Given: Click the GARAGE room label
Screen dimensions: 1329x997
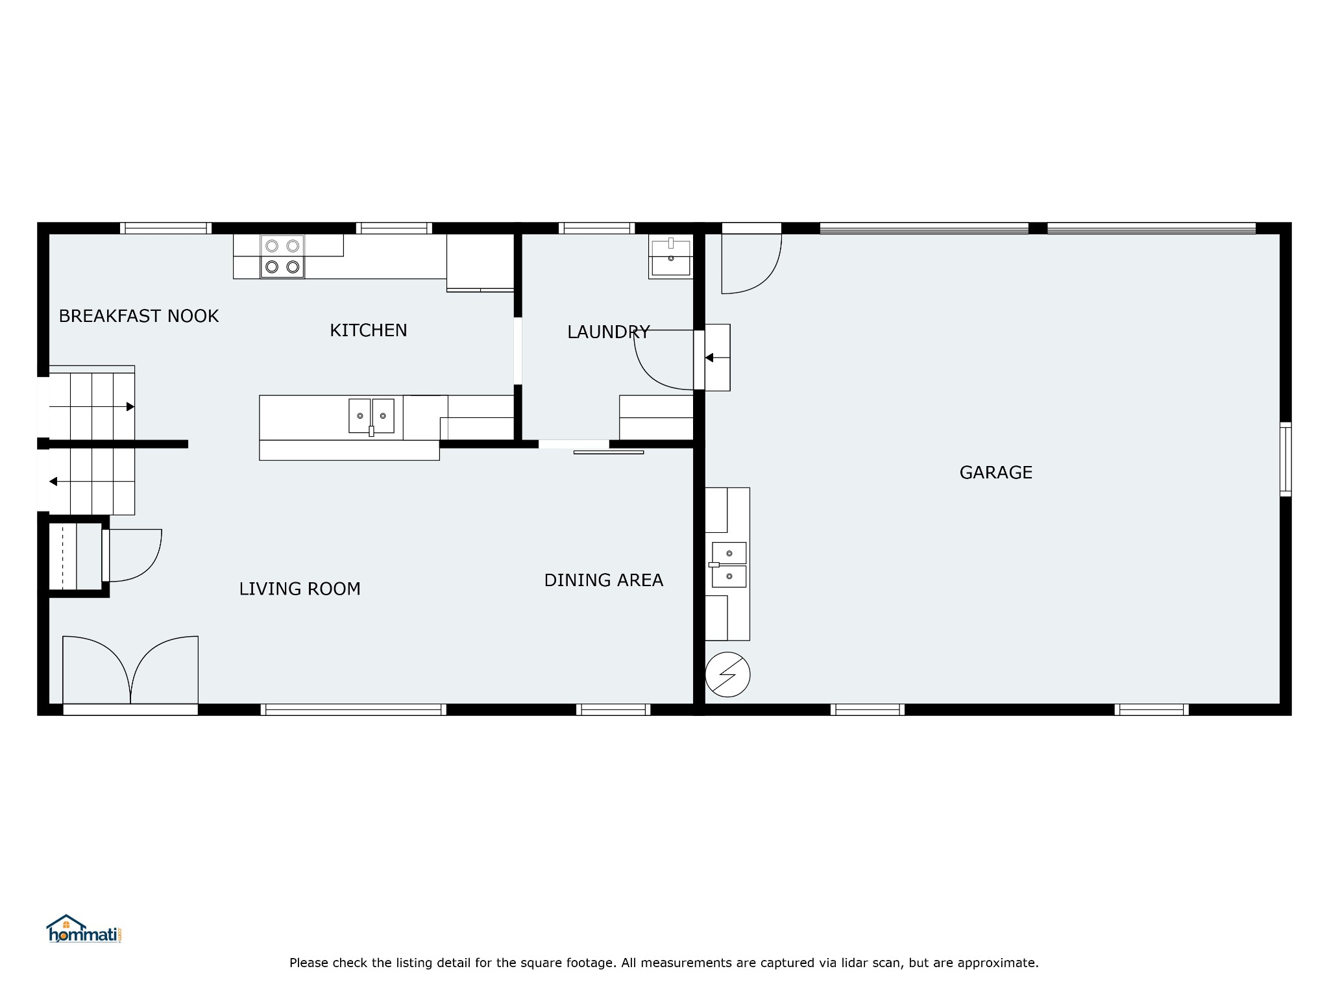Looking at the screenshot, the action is coord(995,473).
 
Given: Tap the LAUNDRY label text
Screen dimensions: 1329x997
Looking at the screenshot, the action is coord(608,332).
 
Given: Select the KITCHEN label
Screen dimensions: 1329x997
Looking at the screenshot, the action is coord(368,330).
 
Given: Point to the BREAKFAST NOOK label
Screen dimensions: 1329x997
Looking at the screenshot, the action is coord(138,316).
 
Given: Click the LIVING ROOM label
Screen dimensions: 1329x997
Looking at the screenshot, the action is coord(299,589).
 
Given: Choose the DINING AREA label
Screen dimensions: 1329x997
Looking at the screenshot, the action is coord(604,580).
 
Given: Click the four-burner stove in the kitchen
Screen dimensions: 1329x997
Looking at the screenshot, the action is coord(282,256).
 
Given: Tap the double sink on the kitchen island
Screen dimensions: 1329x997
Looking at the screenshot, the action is coord(371,416).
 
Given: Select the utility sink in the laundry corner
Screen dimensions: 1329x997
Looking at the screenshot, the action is coord(670,257).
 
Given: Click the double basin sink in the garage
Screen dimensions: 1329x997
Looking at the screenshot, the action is coord(729,565).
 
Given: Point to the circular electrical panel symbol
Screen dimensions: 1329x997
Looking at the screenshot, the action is coord(727,674).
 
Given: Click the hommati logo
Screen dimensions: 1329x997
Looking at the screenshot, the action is coord(84,929).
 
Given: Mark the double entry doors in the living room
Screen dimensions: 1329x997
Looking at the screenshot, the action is coord(130,671).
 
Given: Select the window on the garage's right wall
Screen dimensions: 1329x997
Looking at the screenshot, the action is coord(1285,460).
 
